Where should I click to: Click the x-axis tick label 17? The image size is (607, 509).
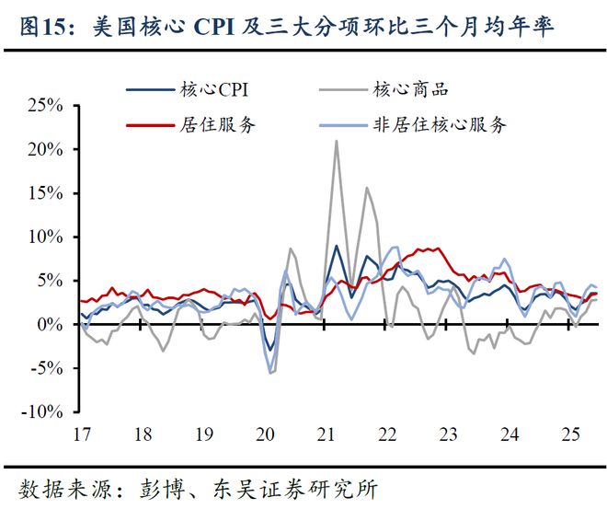pyautogui.click(x=80, y=434)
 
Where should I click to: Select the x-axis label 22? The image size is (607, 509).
pyautogui.click(x=387, y=434)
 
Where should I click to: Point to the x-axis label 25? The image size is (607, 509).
pyautogui.click(x=572, y=434)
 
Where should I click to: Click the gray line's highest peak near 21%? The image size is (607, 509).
pyautogui.click(x=337, y=141)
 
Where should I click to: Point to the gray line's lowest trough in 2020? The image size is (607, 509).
pyautogui.click(x=270, y=373)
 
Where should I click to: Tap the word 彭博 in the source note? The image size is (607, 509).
pyautogui.click(x=166, y=487)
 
